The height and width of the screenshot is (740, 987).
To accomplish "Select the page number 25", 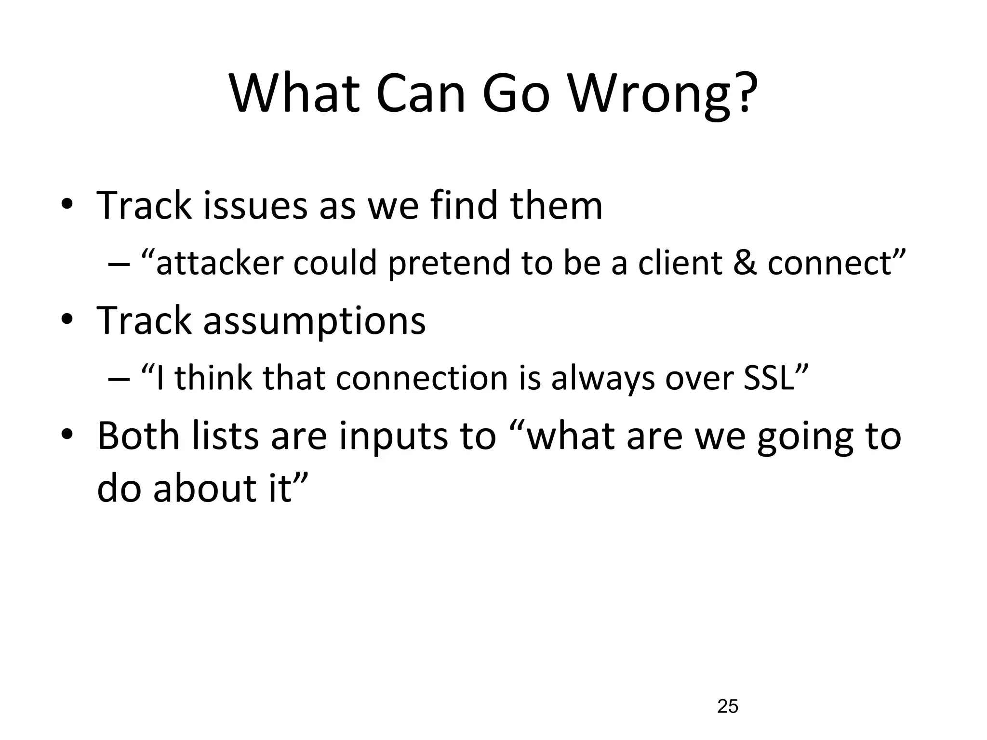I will click(x=728, y=706).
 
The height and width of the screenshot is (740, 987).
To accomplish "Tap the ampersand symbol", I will click(x=745, y=264).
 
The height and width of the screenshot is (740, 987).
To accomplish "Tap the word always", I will click(x=603, y=379).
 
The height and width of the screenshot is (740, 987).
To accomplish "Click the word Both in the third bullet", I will click(x=139, y=436).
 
